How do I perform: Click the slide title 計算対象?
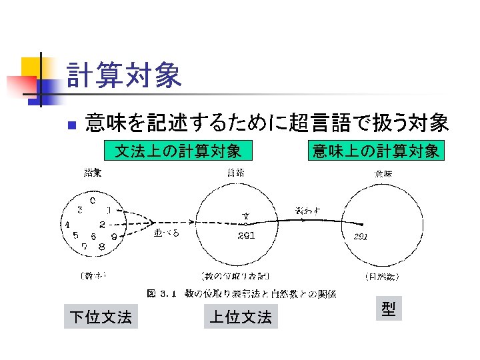tap(124, 75)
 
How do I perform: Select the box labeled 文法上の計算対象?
tap(178, 151)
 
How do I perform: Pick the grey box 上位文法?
tap(241, 317)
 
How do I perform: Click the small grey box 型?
tap(389, 309)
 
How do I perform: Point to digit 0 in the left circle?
tap(93, 199)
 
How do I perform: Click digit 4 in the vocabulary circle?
tap(67, 225)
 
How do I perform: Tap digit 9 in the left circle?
tap(115, 236)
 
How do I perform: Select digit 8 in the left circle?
tap(101, 246)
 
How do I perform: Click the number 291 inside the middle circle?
tap(245, 235)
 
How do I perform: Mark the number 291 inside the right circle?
tap(361, 237)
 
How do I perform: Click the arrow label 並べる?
tap(166, 233)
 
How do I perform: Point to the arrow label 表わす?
tap(307, 211)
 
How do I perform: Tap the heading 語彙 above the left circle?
tap(93, 173)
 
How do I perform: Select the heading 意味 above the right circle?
tap(383, 173)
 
